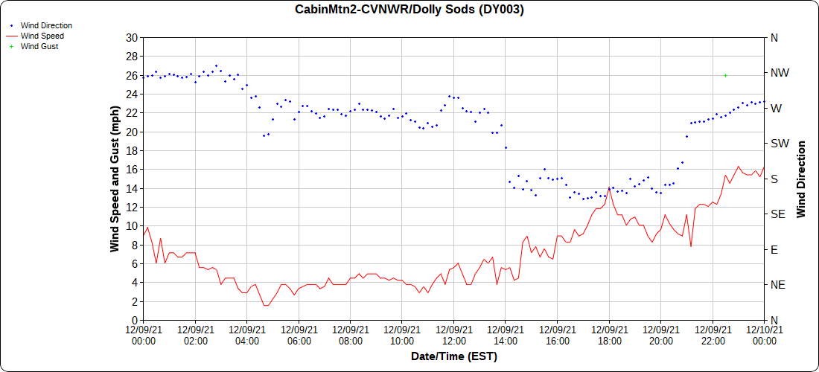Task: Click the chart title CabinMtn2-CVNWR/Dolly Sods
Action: [409, 10]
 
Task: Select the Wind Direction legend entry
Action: [46, 25]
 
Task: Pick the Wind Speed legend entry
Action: [42, 36]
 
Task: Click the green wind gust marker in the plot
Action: [725, 75]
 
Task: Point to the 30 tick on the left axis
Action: [132, 38]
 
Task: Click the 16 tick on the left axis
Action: [132, 170]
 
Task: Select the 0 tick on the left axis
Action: [135, 320]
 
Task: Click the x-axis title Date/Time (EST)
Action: [453, 356]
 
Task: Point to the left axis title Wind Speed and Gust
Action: [115, 179]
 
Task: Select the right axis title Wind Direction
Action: [801, 179]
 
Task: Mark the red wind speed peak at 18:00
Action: [609, 187]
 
